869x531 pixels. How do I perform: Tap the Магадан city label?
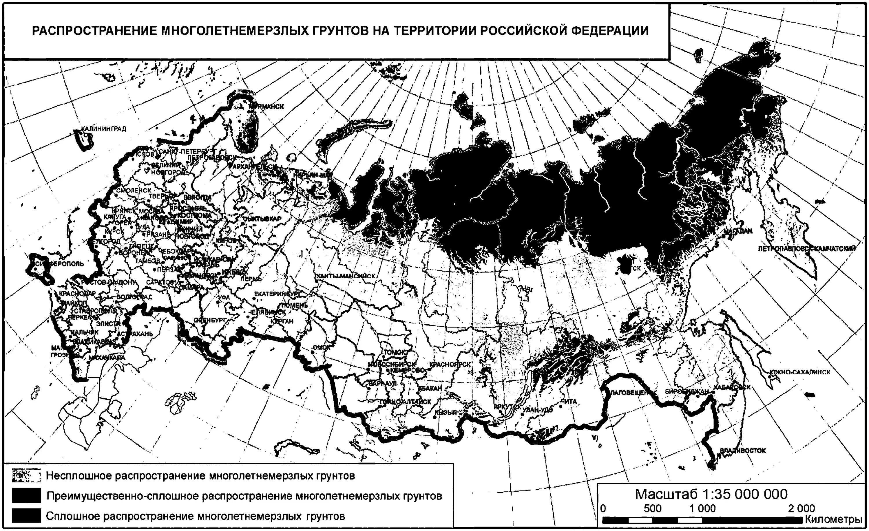[738, 231]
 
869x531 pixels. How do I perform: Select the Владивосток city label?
[743, 451]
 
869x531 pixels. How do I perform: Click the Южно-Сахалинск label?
[800, 372]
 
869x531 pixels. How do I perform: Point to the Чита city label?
[568, 401]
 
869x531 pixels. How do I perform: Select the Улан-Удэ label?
[538, 410]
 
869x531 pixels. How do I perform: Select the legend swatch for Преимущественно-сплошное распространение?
[26, 496]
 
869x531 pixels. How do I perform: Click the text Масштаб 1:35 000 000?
[711, 494]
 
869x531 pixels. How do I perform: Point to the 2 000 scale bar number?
[802, 508]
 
